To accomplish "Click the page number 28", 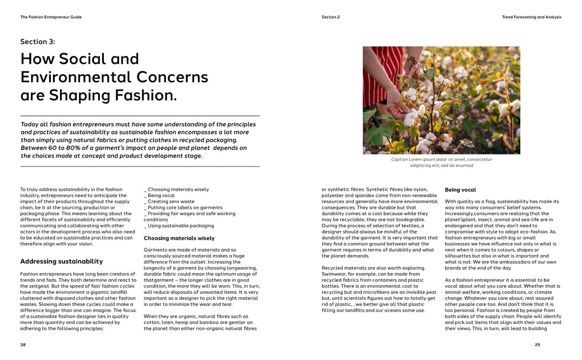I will (x=23, y=345).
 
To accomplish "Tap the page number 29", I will (x=537, y=345).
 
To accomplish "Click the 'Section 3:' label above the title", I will (x=38, y=42).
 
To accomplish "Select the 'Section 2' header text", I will (x=330, y=17).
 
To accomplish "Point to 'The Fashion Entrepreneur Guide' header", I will (x=51, y=17).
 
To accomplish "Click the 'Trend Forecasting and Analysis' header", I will (x=531, y=17).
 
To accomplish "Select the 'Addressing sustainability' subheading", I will (x=62, y=261).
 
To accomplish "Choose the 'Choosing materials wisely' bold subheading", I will (x=179, y=238).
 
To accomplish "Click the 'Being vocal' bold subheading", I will (x=460, y=190).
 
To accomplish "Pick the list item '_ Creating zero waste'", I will (x=169, y=201).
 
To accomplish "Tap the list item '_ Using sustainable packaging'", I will (x=179, y=225).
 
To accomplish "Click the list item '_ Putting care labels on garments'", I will (x=184, y=208).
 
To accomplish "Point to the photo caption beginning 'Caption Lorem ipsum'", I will (x=441, y=163).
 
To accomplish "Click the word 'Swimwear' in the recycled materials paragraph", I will (x=334, y=274).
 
